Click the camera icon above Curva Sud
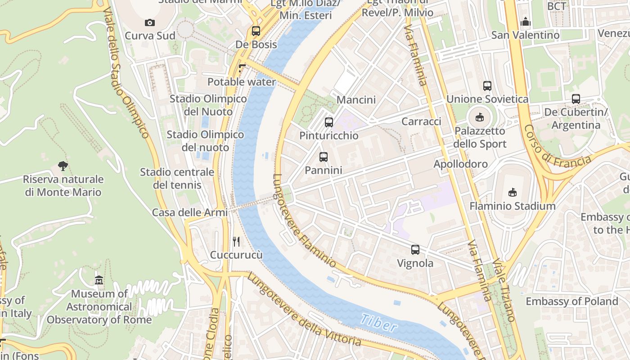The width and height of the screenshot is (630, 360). point(149,22)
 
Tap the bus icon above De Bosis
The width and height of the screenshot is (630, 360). point(256,31)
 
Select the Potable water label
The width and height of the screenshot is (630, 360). point(241,82)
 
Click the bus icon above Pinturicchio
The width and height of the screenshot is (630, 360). point(329,122)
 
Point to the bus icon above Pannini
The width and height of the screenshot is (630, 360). point(323,157)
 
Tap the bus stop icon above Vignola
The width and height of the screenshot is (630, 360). point(415,249)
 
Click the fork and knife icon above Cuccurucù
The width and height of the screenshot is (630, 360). point(236,242)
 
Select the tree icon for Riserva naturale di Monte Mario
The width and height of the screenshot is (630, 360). point(63,166)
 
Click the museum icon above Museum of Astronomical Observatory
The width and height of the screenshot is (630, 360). point(99,280)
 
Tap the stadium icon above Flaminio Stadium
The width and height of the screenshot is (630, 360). point(512,193)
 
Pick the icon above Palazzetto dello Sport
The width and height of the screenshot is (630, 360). point(480,117)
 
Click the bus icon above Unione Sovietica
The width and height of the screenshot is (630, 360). point(487,85)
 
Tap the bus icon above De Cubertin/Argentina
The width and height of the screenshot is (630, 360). point(576,99)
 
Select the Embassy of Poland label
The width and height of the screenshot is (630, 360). point(571,301)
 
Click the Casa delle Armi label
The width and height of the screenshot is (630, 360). point(189,212)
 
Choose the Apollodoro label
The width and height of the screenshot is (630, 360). point(460,164)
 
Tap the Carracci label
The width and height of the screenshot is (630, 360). point(421,121)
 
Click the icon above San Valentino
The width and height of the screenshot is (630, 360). point(525,22)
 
